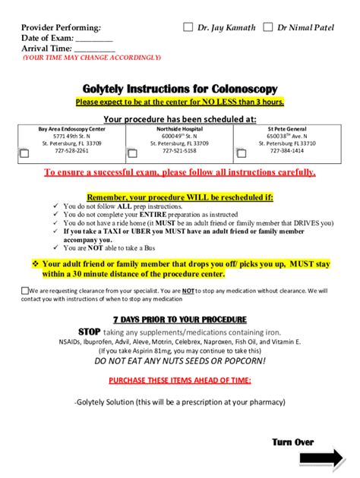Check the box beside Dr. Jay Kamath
point(189,27)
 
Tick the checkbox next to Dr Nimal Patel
point(268,27)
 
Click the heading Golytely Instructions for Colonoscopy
point(179,88)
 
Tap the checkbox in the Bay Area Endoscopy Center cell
point(24,153)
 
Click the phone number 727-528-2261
point(72,150)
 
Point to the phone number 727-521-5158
point(179,150)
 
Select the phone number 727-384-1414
point(287,150)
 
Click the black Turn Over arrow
point(322,459)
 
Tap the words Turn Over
point(292,442)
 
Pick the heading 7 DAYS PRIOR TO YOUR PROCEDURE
point(179,319)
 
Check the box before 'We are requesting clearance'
point(26,291)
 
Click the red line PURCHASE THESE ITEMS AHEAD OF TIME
point(179,379)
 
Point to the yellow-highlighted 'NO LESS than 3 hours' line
point(179,102)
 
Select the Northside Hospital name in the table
point(179,129)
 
